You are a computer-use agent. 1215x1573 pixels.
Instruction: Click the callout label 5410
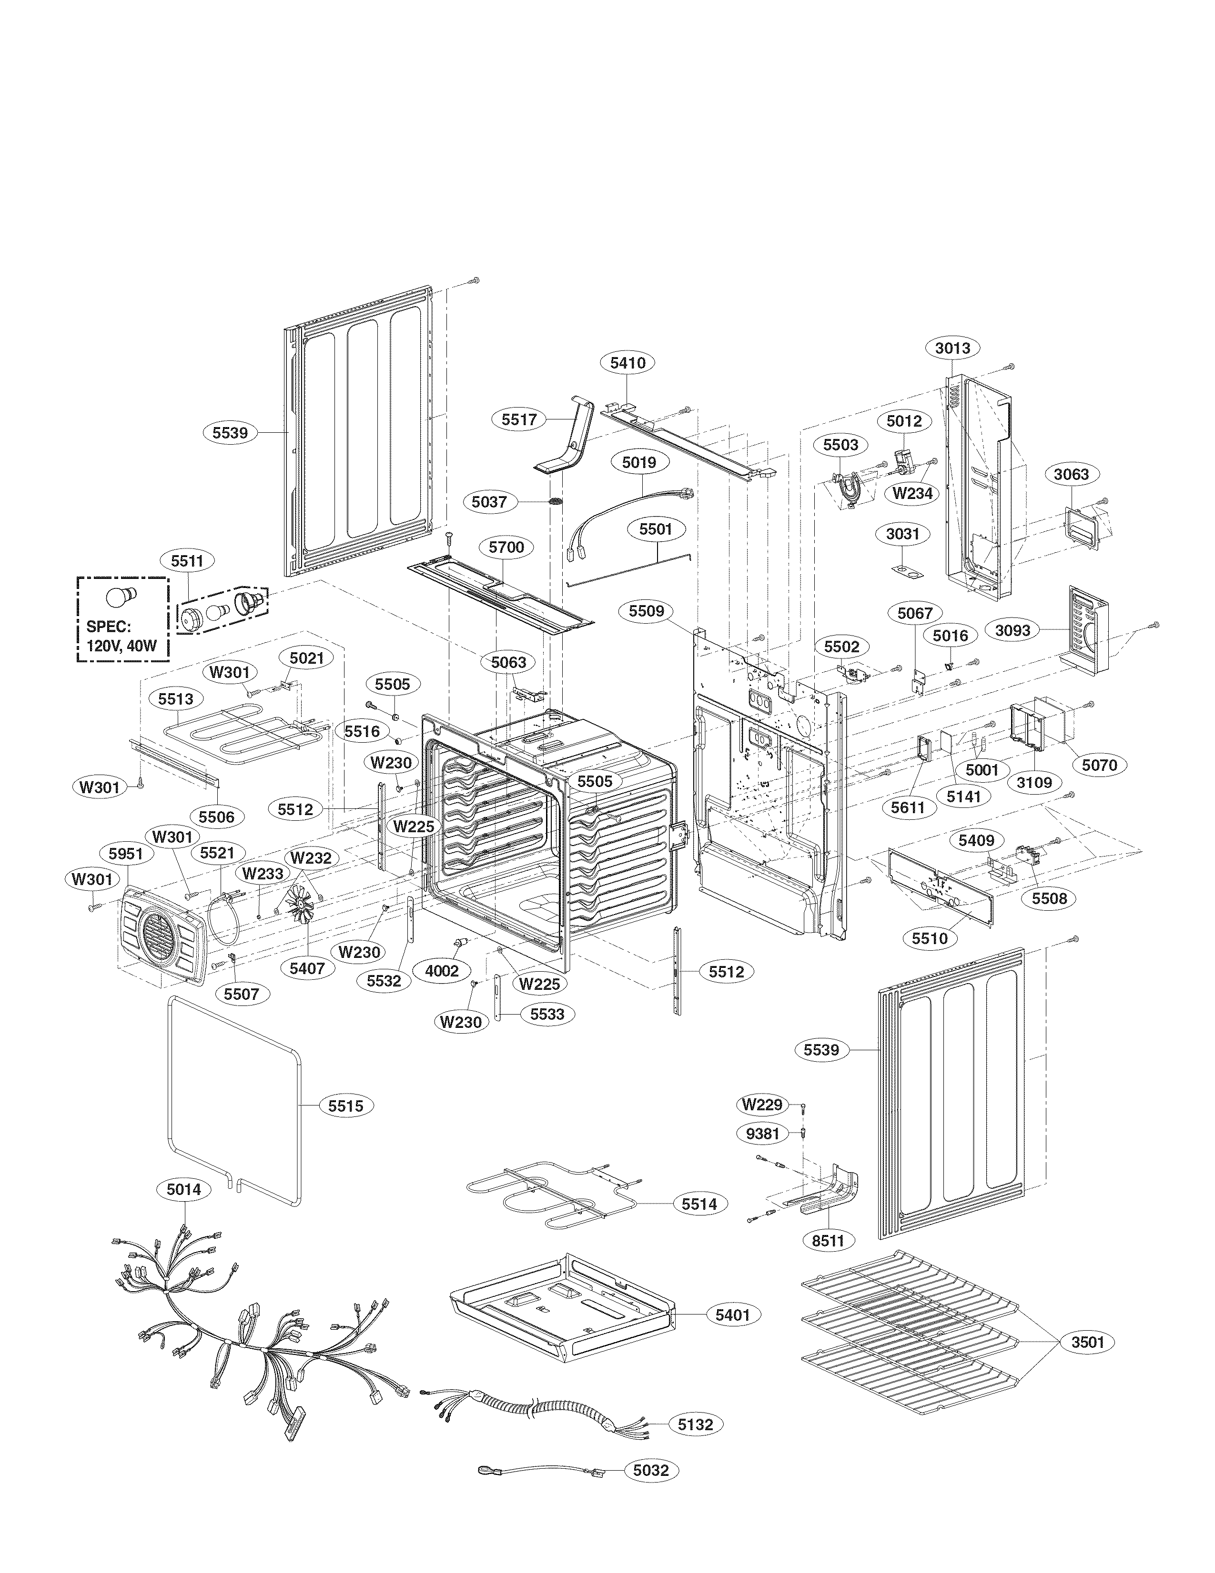point(628,362)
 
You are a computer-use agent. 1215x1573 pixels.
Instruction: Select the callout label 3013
point(952,348)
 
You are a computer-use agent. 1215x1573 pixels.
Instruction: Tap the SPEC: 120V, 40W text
point(121,636)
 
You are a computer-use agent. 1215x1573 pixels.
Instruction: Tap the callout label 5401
point(732,1314)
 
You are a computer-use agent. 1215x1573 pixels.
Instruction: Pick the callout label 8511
point(827,1241)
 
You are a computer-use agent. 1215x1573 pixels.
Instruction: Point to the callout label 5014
point(184,1190)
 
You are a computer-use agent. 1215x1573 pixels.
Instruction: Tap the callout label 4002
point(442,970)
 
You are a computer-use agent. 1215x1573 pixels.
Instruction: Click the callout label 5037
point(489,501)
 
